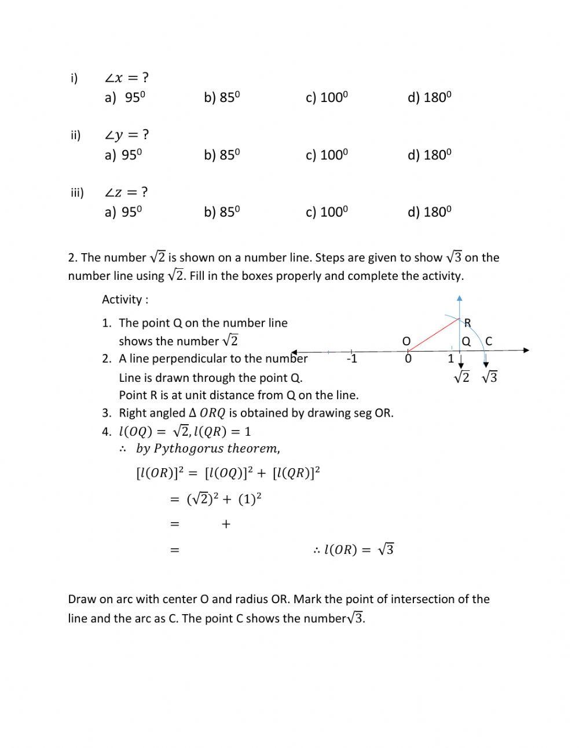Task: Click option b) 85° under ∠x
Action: click(221, 97)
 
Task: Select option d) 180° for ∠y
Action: click(429, 155)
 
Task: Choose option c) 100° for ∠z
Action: click(327, 212)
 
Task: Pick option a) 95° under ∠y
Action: click(123, 155)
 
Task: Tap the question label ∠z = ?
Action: click(126, 192)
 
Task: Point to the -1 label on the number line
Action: click(351, 359)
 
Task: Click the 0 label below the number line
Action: click(408, 359)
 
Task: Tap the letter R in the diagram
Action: click(467, 323)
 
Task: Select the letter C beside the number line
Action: click(489, 341)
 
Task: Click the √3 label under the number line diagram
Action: click(489, 378)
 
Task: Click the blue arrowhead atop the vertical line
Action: click(459, 298)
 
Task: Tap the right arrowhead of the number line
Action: click(526, 350)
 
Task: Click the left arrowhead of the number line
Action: click(294, 352)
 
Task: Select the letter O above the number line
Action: click(406, 341)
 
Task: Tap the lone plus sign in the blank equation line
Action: click(226, 524)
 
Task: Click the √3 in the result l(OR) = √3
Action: click(386, 550)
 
